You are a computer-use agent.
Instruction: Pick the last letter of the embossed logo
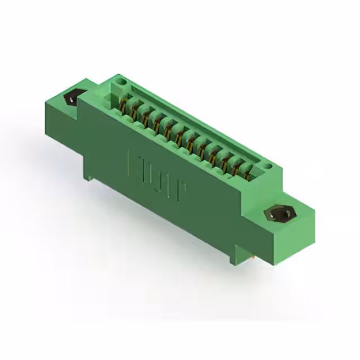(181, 192)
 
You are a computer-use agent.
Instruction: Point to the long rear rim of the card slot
(197, 118)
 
